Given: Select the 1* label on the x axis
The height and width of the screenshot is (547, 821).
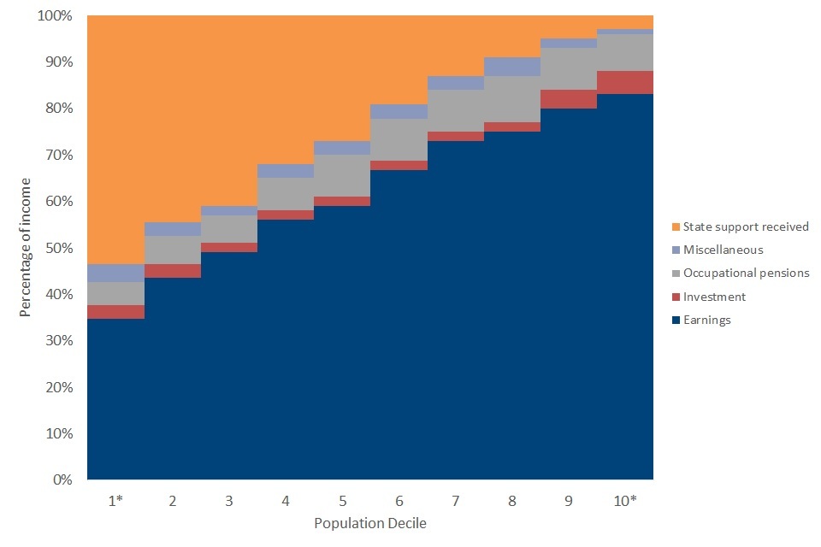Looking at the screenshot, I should click(115, 502).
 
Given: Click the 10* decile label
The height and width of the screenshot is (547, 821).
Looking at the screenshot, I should click(625, 502).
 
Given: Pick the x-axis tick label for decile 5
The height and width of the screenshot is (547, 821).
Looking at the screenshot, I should click(342, 502).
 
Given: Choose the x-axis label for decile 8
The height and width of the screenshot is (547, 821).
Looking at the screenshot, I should click(511, 502).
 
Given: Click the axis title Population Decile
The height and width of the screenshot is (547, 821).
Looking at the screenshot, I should click(369, 523).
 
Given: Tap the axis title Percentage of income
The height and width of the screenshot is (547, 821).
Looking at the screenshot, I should click(26, 247).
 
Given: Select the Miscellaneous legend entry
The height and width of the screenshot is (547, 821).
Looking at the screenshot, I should click(723, 250).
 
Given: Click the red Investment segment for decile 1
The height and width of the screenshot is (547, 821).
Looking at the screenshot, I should click(115, 312).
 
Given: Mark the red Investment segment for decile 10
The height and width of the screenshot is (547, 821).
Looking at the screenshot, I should click(625, 82).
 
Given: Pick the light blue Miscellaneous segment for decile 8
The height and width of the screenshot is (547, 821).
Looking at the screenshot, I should click(511, 67).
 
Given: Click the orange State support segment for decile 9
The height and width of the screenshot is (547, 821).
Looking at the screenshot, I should click(568, 26).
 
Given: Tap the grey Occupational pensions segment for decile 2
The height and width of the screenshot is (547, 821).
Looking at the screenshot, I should click(172, 250).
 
